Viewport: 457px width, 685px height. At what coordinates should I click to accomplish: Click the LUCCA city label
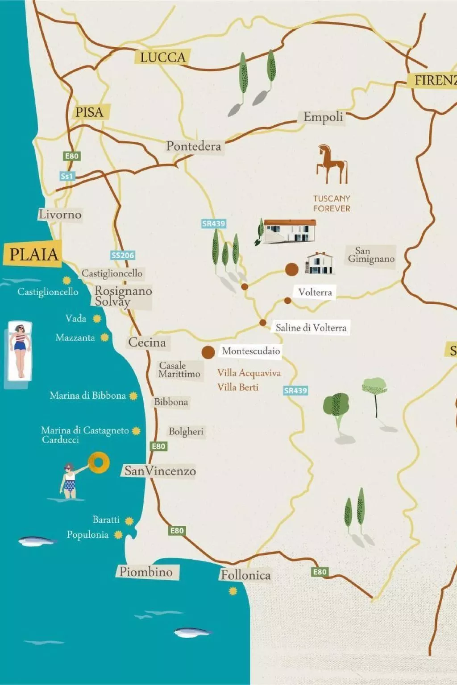coord(162,57)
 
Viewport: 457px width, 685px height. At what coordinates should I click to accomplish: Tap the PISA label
coord(89,112)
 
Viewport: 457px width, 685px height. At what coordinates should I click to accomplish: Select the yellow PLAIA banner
coord(33,255)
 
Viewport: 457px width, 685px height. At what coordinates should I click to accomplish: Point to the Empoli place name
coord(323,117)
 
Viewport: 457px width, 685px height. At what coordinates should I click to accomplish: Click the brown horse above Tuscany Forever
coord(332,164)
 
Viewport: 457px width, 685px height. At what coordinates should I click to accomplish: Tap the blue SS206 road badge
coord(123,255)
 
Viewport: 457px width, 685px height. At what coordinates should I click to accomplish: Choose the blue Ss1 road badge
coord(67,176)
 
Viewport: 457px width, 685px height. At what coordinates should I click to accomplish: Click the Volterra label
coord(315,292)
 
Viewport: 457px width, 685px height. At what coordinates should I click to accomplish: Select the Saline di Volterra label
coord(311,328)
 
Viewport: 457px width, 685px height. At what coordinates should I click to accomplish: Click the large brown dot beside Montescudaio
coord(208,352)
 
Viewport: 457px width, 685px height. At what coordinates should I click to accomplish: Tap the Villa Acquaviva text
coord(249,373)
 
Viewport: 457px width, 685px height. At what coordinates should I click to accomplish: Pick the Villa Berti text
coord(238,387)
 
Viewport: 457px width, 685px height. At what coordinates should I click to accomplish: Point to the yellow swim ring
coord(99,462)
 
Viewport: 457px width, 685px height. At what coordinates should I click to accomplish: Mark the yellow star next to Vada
coord(97,318)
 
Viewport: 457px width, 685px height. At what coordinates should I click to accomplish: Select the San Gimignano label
coord(371,255)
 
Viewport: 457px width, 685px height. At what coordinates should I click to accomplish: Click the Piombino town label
coord(146,572)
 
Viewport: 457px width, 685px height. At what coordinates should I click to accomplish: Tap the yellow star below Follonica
coord(233,591)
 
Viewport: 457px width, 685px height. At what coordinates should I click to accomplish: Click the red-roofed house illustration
coord(289,231)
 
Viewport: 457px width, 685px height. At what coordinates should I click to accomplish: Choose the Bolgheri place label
coord(186,431)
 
